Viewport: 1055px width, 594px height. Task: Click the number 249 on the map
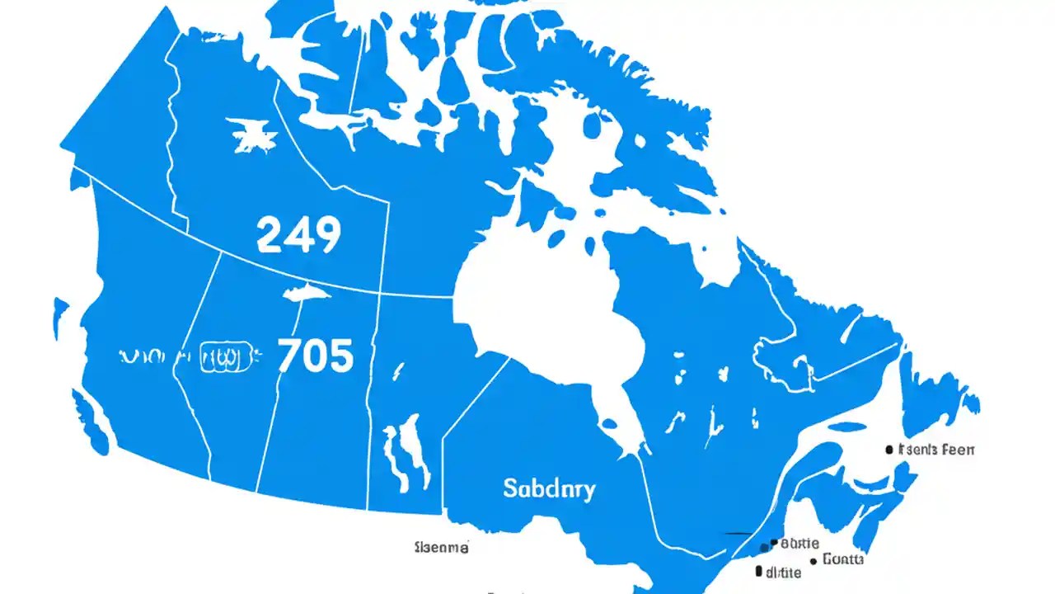point(298,235)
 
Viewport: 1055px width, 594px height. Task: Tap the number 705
point(316,356)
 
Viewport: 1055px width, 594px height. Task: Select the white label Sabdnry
point(548,488)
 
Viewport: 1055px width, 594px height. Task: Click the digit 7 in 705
point(290,356)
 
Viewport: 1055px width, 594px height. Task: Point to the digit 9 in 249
point(326,235)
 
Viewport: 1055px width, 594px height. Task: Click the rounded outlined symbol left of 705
point(225,357)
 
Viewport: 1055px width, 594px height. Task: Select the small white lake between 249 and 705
point(304,293)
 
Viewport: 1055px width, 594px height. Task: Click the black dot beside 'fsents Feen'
point(889,450)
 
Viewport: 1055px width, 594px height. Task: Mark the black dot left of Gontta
point(814,560)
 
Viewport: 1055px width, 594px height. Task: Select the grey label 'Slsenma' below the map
point(442,547)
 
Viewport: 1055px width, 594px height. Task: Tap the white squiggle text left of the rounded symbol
point(154,357)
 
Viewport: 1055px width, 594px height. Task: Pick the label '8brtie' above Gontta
point(799,544)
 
